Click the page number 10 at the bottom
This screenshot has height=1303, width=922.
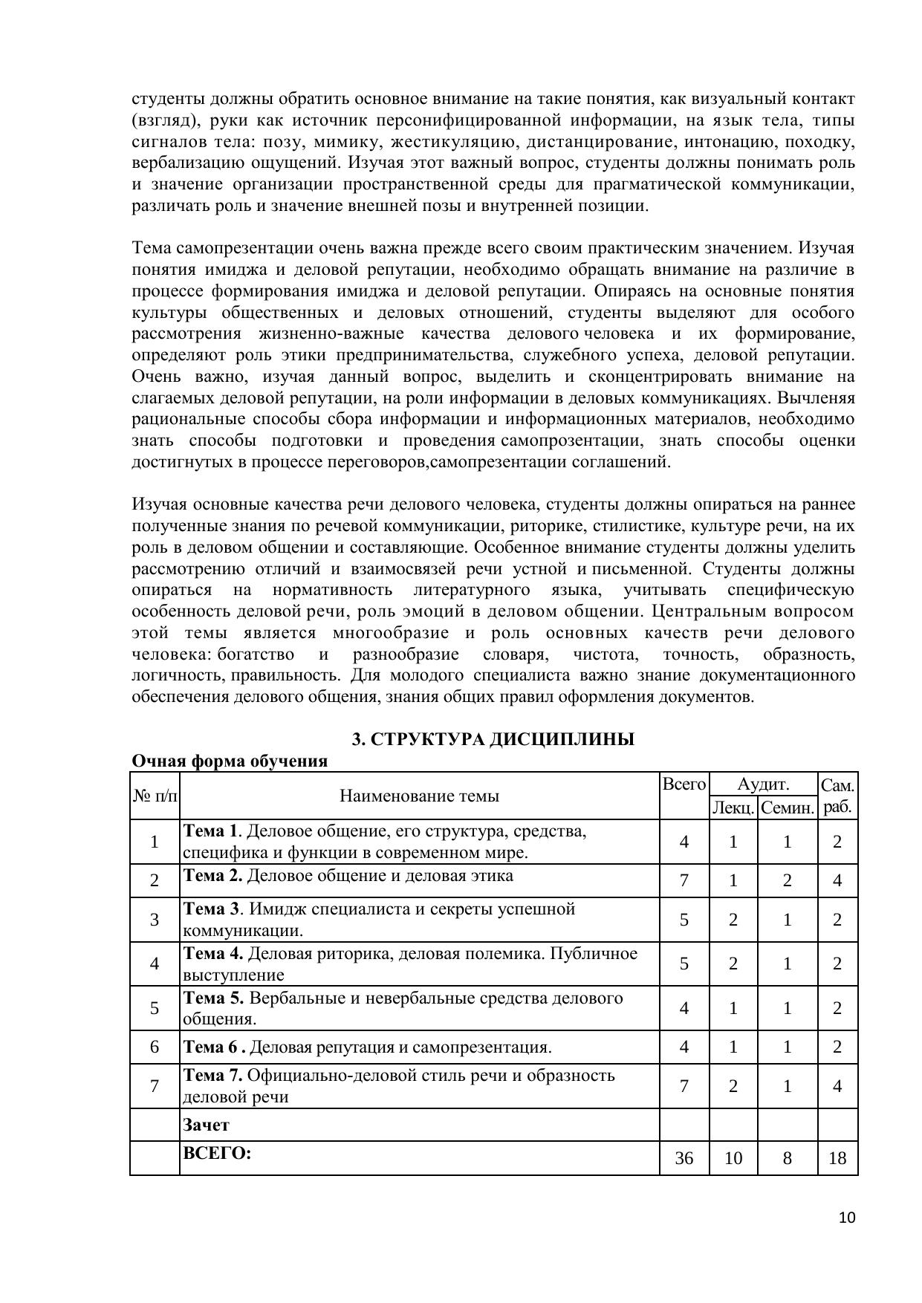click(x=847, y=1218)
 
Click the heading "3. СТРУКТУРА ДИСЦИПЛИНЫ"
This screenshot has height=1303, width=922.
click(x=493, y=739)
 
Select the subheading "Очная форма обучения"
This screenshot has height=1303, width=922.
click(x=230, y=761)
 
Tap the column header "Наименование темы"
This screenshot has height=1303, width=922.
click(x=419, y=796)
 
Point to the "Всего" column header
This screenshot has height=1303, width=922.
click(x=684, y=784)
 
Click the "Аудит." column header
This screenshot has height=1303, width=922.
click(x=763, y=784)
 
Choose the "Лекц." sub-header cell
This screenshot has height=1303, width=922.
click(x=733, y=808)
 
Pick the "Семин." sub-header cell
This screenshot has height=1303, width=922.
click(x=788, y=808)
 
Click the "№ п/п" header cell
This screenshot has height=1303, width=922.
click(x=155, y=796)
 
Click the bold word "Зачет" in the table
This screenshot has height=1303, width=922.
click(x=206, y=1125)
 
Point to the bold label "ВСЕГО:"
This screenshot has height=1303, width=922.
click(x=217, y=1154)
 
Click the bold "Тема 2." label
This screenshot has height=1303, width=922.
click(x=212, y=875)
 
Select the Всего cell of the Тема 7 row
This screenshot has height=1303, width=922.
click(x=684, y=1086)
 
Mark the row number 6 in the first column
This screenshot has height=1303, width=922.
click(x=155, y=1047)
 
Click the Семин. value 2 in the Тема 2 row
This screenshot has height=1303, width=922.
click(x=788, y=880)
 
